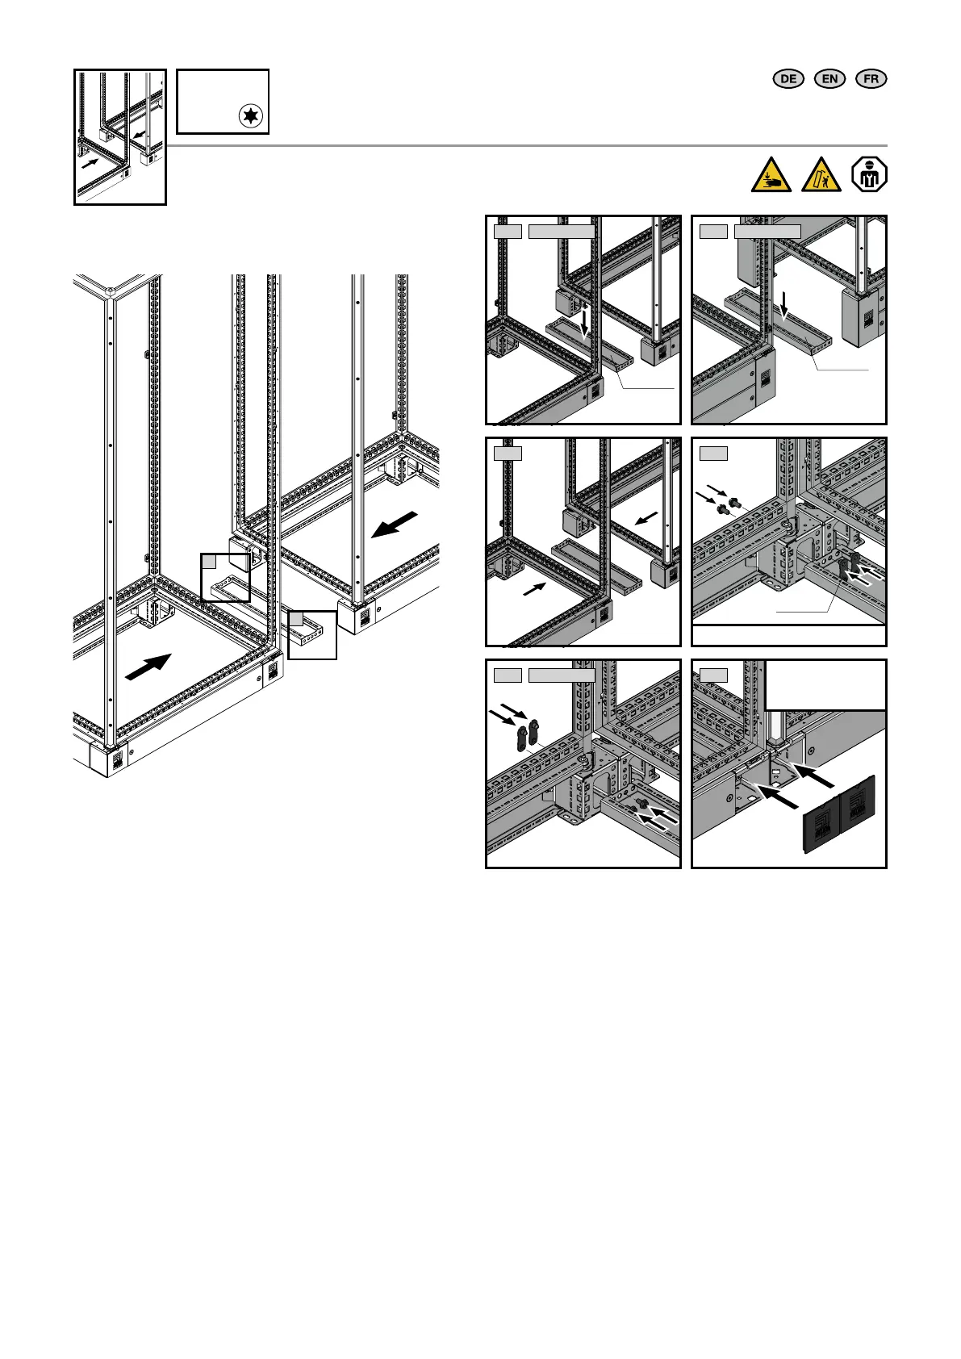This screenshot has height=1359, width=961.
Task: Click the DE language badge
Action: pyautogui.click(x=788, y=78)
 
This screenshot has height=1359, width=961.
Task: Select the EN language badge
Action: pyautogui.click(x=829, y=78)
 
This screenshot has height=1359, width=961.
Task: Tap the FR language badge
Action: pyautogui.click(x=871, y=78)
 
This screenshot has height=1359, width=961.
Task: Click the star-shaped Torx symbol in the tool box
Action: pyautogui.click(x=251, y=116)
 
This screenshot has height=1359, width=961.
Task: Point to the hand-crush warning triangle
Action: pyautogui.click(x=771, y=175)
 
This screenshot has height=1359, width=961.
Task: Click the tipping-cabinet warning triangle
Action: pyautogui.click(x=821, y=175)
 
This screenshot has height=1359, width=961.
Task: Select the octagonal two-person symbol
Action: pyautogui.click(x=871, y=175)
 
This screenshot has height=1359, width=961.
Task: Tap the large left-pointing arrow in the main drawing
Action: pyautogui.click(x=396, y=525)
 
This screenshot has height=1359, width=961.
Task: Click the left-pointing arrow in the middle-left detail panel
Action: pyautogui.click(x=648, y=519)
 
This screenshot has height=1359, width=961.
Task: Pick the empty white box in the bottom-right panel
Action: pyautogui.click(x=825, y=685)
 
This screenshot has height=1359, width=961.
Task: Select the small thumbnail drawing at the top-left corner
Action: pyautogui.click(x=120, y=136)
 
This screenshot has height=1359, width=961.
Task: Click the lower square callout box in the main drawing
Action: pyautogui.click(x=312, y=635)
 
